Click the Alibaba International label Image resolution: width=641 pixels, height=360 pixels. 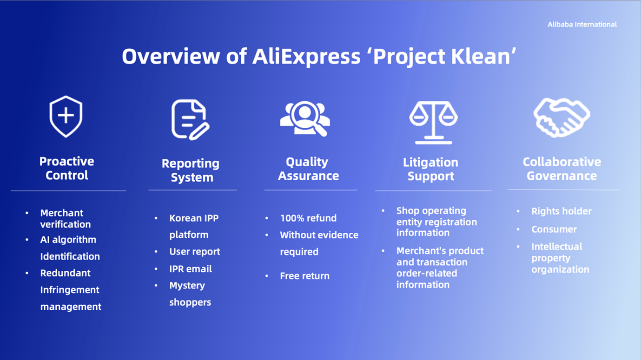click(x=582, y=25)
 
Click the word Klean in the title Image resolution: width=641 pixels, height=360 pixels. click(x=483, y=56)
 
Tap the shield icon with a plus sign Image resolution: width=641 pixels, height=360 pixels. click(x=66, y=117)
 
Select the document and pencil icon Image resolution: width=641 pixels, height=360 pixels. click(x=190, y=119)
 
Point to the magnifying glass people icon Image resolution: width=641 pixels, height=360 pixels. click(x=305, y=118)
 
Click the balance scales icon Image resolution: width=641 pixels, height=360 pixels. click(x=434, y=122)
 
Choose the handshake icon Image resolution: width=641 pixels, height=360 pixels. click(x=562, y=118)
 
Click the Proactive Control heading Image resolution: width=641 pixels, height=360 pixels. click(x=66, y=169)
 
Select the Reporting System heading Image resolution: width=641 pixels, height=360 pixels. click(x=191, y=170)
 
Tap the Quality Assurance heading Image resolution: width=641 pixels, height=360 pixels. click(x=308, y=169)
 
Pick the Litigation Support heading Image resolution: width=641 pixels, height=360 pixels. click(x=431, y=169)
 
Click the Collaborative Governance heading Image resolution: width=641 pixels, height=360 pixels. click(x=562, y=169)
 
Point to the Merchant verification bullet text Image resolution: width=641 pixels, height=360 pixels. click(x=66, y=218)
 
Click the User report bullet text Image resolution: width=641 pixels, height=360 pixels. click(x=195, y=252)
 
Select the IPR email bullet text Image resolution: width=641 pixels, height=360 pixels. click(x=191, y=269)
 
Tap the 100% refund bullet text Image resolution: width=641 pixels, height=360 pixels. click(x=308, y=218)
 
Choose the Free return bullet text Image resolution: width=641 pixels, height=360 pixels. click(x=305, y=276)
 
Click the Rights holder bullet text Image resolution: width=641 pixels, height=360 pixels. click(x=562, y=211)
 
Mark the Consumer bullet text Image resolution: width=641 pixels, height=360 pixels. click(x=554, y=229)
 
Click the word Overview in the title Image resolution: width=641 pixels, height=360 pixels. click(x=171, y=56)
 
